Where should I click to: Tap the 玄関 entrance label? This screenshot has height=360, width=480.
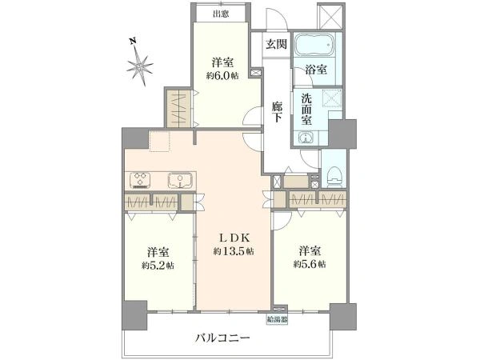pyautogui.click(x=276, y=44)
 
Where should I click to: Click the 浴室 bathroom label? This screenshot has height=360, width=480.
pyautogui.click(x=315, y=70)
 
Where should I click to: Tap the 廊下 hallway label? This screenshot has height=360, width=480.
pyautogui.click(x=276, y=110)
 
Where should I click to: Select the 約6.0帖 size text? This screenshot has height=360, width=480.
pyautogui.click(x=222, y=75)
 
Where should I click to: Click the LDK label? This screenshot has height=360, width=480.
pyautogui.click(x=234, y=238)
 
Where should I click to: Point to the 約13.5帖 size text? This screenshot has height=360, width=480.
pyautogui.click(x=234, y=251)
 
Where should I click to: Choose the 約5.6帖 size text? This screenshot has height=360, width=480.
pyautogui.click(x=309, y=265)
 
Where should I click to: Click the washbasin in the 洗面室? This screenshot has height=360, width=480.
pyautogui.click(x=305, y=138)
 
